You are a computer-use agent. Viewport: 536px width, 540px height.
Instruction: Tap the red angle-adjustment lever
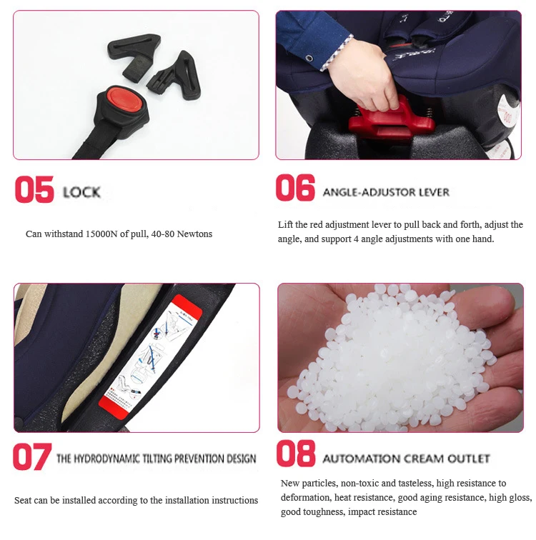392,119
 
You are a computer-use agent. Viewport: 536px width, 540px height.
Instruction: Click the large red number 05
34,189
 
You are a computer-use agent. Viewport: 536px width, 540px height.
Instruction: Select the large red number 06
295,188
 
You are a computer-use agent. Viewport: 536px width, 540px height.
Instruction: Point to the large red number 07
32,456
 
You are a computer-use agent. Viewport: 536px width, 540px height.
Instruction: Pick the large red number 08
296,454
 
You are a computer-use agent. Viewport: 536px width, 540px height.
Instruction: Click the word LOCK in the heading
81,192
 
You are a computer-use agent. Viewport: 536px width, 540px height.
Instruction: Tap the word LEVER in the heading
434,192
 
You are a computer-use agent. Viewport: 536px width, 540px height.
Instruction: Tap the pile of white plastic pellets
392,358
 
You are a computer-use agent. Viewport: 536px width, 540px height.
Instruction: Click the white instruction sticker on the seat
150,356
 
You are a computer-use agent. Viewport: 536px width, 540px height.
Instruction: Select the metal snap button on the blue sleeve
309,58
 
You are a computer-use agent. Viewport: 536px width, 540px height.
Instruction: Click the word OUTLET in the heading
469,459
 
